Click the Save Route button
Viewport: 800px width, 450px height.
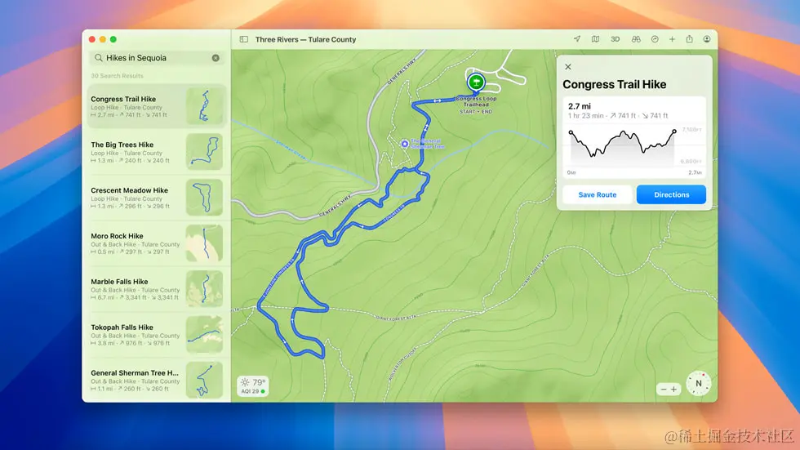(597, 195)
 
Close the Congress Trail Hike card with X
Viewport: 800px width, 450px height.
(568, 67)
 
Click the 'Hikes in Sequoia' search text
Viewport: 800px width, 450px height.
(136, 58)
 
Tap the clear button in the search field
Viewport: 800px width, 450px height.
(216, 58)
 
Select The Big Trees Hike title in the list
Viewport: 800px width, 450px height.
(122, 145)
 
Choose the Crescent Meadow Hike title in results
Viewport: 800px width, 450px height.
(129, 190)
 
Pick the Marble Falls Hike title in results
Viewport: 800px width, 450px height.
(119, 282)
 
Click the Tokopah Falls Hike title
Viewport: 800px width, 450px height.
(122, 327)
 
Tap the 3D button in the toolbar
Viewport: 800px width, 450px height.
(616, 39)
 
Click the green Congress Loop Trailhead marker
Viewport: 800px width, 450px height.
(475, 82)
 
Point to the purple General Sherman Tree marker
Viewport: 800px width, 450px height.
(405, 144)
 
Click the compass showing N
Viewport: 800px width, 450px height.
(698, 383)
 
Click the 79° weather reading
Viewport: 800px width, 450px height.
(259, 382)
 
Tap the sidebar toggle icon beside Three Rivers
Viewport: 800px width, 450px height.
(243, 39)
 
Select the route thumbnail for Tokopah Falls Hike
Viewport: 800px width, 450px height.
(204, 335)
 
